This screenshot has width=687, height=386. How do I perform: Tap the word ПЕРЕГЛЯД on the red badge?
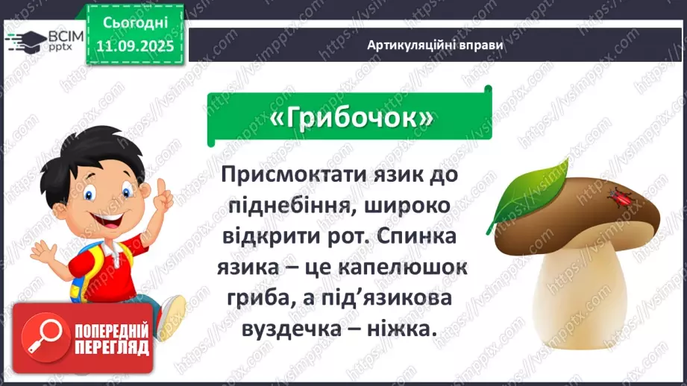pos(110,347)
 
